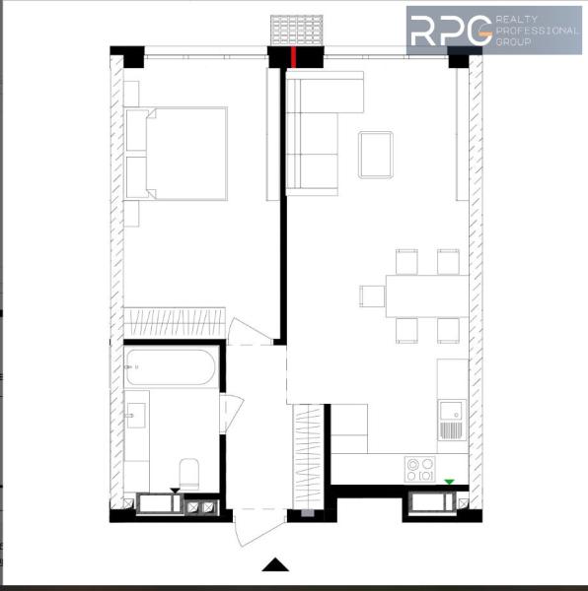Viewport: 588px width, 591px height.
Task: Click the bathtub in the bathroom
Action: [172, 367]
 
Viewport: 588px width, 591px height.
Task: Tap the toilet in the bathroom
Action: [189, 474]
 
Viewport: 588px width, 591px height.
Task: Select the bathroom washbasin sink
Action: [136, 416]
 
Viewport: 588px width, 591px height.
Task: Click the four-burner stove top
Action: [419, 469]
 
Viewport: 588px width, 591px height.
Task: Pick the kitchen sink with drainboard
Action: [452, 420]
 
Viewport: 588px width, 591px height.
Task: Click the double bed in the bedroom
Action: [177, 154]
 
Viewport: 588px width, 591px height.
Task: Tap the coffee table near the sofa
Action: [376, 155]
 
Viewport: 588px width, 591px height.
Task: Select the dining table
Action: [427, 295]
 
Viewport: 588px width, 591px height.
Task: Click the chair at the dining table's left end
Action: [372, 295]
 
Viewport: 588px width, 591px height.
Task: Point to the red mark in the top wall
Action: [293, 57]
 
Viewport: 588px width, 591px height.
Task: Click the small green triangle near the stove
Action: [449, 482]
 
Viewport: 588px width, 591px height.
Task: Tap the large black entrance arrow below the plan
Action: [275, 564]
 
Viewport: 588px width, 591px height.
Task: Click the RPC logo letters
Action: [451, 31]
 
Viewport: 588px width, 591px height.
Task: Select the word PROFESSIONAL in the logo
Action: [537, 31]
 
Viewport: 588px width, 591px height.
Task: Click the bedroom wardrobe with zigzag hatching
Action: [175, 323]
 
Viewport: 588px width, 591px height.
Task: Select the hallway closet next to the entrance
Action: [309, 457]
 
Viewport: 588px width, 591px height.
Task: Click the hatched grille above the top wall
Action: [297, 31]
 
